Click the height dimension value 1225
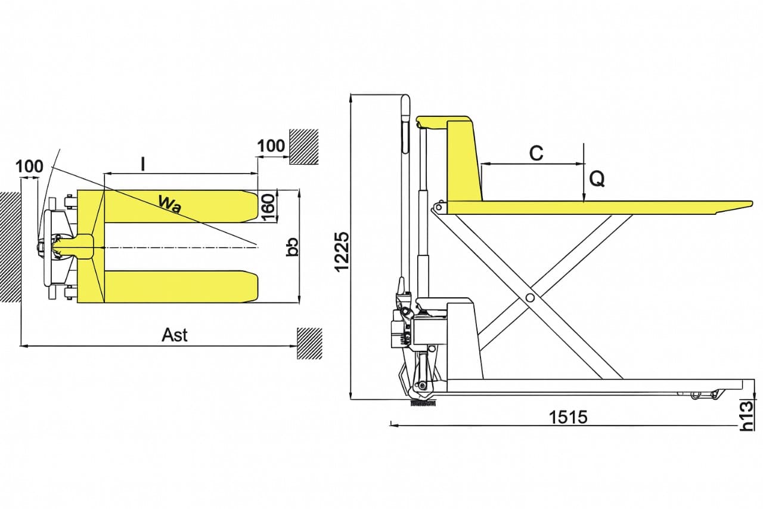pos(342,252)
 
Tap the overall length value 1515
pos(568,417)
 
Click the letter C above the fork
pos(536,153)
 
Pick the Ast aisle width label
pos(175,335)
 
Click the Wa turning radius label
pos(170,204)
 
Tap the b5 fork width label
pos(292,246)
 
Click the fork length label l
pos(143,164)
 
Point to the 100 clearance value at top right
pos(271,146)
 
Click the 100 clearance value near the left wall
pos(29,166)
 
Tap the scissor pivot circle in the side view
pos(529,298)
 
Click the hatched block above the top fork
pos(304,147)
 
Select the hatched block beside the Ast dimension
pos(309,343)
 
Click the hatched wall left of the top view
pos(10,247)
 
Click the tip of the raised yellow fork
pos(752,204)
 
